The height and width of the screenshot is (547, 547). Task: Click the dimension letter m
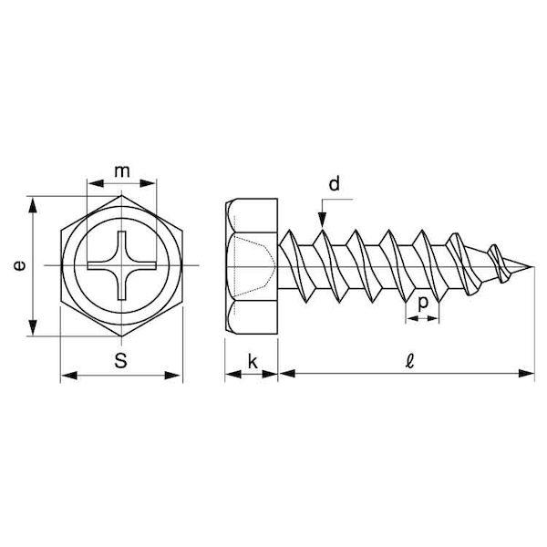point(122,171)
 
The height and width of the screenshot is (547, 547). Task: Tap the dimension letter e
point(19,266)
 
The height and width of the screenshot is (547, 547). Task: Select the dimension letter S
point(120,360)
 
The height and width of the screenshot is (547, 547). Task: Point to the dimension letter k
point(253,361)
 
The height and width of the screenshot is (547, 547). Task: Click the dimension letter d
point(334,183)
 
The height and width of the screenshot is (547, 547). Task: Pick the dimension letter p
point(422,304)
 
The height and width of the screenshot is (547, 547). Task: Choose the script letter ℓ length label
point(409,361)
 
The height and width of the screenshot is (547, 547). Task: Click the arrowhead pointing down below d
point(323,221)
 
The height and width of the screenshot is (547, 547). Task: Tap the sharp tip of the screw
point(533,267)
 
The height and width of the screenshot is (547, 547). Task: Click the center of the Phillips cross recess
point(121,266)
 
